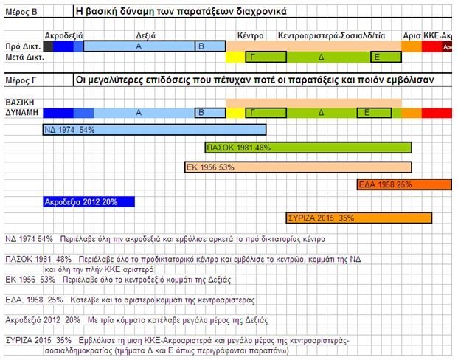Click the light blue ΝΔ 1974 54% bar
[x=154, y=130]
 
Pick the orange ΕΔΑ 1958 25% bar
[x=403, y=184]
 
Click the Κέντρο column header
[x=250, y=35]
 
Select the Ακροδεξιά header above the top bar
[x=63, y=35]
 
